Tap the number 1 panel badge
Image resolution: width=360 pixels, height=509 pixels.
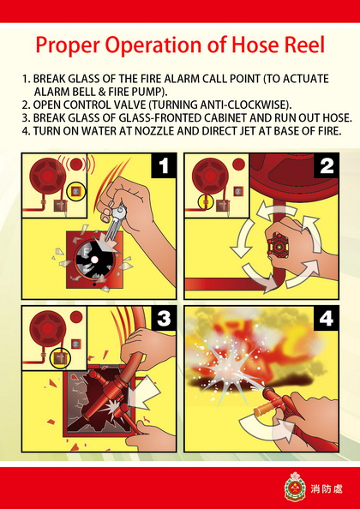click(x=164, y=165)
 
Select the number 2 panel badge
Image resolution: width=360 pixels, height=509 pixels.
click(x=327, y=165)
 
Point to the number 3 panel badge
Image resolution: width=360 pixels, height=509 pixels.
click(x=164, y=319)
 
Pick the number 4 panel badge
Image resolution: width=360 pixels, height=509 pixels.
click(x=327, y=319)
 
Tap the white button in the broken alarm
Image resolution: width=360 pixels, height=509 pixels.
click(x=94, y=260)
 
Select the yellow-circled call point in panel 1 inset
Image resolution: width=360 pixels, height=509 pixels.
click(x=76, y=192)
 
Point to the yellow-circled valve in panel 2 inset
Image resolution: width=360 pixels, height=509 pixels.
click(x=206, y=203)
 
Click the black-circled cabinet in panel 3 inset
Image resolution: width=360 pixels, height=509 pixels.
click(x=60, y=357)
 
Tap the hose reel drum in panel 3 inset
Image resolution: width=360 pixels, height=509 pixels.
click(x=48, y=329)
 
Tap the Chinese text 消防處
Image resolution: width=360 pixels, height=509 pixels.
click(x=327, y=488)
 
